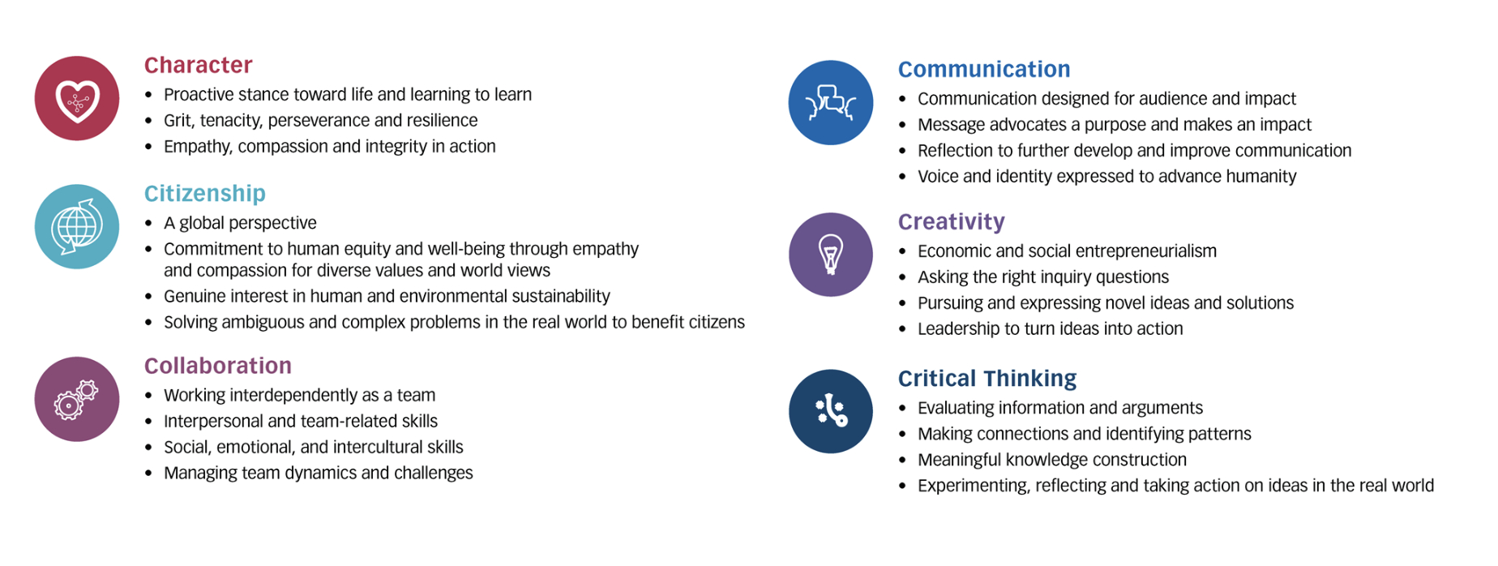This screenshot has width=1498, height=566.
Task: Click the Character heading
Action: point(198,65)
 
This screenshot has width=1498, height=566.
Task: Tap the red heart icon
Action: point(77,98)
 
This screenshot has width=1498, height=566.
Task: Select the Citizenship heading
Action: point(205,193)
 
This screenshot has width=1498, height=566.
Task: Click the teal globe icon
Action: point(77,227)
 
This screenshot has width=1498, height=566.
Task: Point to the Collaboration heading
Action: point(218,366)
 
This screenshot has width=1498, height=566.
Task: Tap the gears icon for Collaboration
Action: point(77,399)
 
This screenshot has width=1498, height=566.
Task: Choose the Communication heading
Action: point(984,69)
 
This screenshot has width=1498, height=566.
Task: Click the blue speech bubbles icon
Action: point(831,103)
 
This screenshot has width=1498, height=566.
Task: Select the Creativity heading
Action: point(952,221)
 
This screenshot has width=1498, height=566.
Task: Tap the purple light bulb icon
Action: point(831,255)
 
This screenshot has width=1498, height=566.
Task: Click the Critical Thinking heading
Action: point(987,378)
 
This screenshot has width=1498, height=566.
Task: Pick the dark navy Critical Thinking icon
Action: point(831,411)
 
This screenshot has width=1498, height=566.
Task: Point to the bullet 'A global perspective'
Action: point(240,223)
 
